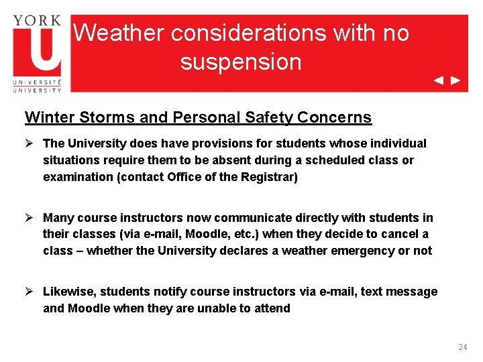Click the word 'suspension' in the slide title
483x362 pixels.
click(x=240, y=62)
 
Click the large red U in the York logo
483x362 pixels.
click(x=36, y=51)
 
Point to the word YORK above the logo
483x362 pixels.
click(x=36, y=20)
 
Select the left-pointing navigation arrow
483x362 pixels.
click(x=438, y=80)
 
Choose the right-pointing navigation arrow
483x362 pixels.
click(x=455, y=80)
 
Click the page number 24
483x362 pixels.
click(x=462, y=347)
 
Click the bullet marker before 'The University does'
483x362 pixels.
click(x=30, y=143)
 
